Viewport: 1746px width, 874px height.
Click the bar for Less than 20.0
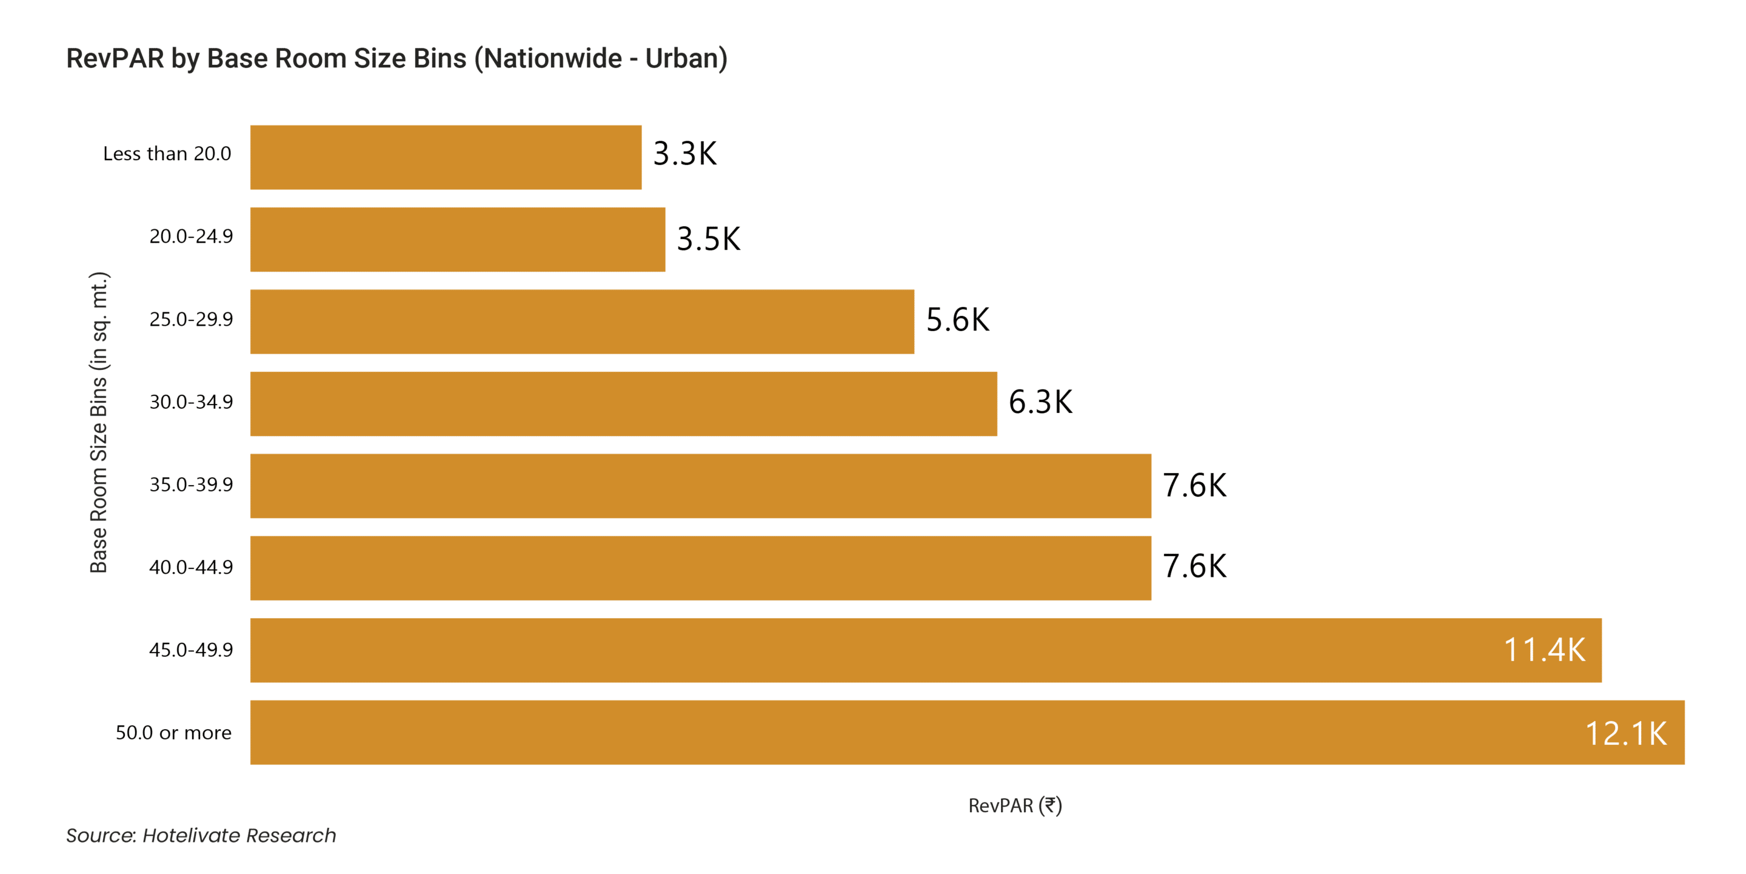446,157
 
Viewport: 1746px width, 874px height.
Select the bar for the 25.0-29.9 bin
581,321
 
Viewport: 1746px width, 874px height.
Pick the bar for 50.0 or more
966,732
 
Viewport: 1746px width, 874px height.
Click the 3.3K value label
684,154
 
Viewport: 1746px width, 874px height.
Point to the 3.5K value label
708,240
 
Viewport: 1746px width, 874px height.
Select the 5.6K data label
957,320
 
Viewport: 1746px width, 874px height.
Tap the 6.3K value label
1040,402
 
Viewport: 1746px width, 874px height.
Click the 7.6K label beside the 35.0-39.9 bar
1194,485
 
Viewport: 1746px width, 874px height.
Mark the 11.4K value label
1544,650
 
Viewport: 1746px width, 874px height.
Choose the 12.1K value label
1625,734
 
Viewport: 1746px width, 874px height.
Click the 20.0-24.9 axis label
190,237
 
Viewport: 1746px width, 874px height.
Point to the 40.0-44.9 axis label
190,567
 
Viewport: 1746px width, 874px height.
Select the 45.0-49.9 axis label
190,650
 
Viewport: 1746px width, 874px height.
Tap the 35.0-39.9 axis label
190,485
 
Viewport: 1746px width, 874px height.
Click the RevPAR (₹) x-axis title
1015,805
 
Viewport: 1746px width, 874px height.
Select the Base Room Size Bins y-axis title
99,422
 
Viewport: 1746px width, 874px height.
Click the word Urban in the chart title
682,59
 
